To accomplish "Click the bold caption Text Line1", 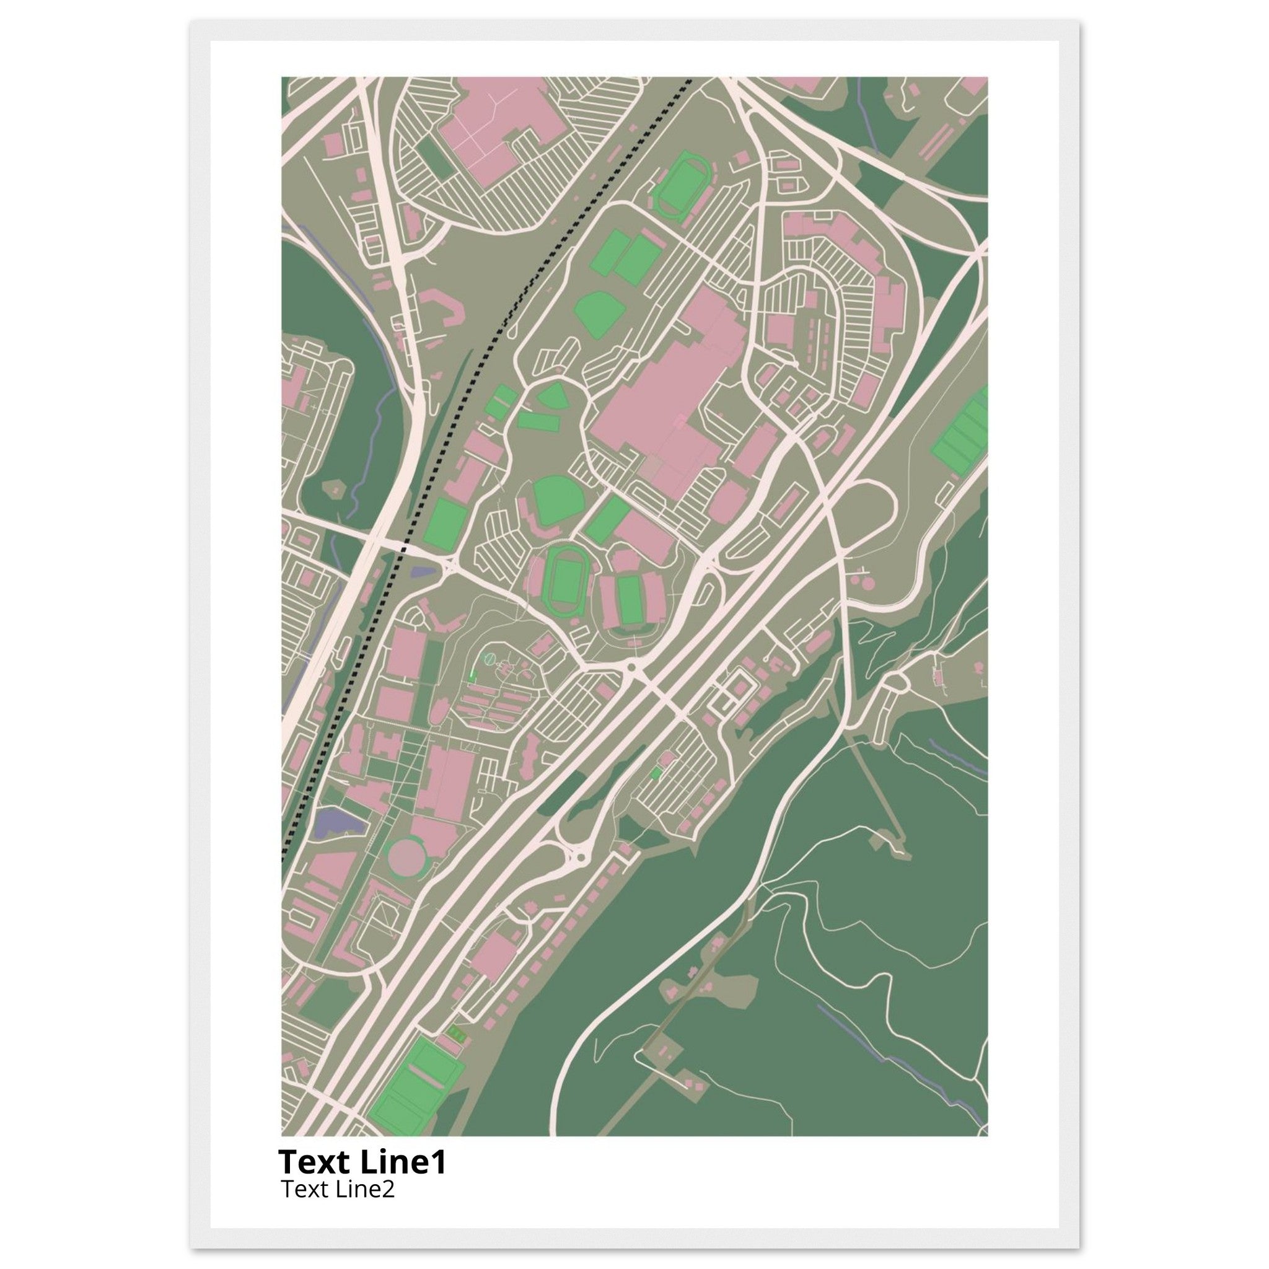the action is point(362,1162).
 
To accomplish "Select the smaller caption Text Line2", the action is point(338,1189).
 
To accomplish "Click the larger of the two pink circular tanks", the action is point(867,582).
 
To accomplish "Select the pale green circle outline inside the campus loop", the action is point(489,657).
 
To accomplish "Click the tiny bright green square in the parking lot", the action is point(655,775).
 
